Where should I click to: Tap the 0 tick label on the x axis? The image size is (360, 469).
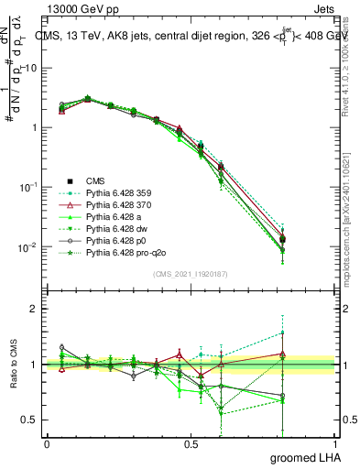(47, 443)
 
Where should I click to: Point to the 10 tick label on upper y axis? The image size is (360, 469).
(31, 68)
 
